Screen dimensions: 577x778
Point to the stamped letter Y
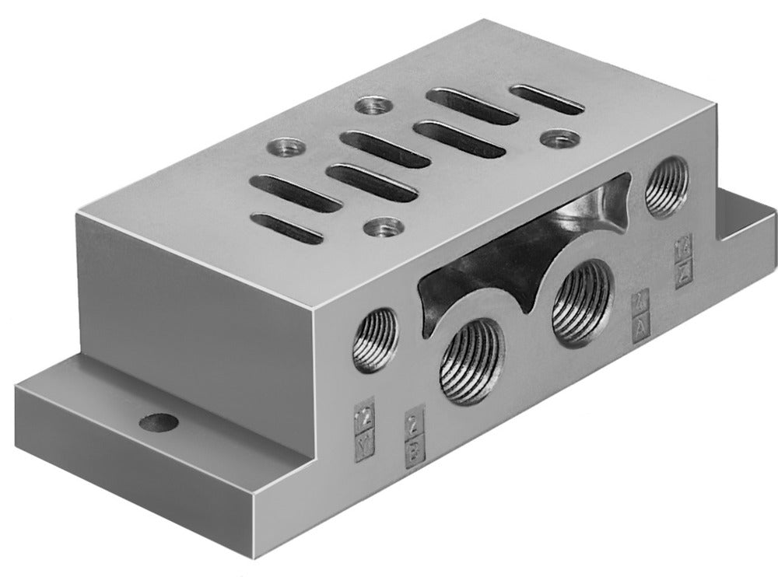[x=362, y=446]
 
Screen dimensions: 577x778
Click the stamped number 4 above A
[x=640, y=299]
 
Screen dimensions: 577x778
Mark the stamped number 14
[x=684, y=248]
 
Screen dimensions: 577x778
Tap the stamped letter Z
[x=684, y=273]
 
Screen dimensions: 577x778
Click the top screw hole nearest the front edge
[x=385, y=227]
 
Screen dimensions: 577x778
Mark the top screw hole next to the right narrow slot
[x=555, y=139]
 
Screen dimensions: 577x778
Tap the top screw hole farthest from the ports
[x=371, y=103]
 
